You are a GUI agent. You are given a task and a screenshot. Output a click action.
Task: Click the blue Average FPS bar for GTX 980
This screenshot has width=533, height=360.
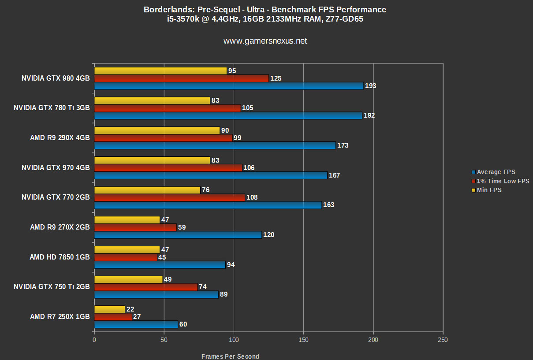(228, 86)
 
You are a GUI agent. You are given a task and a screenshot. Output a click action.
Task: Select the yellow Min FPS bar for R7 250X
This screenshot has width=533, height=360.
(109, 309)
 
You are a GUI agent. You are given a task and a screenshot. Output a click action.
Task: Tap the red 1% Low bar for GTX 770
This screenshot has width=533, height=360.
(169, 197)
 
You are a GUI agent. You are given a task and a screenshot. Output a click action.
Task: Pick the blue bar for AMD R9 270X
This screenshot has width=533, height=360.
(178, 235)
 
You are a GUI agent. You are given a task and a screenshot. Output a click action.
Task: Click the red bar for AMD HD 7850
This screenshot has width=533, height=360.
(126, 257)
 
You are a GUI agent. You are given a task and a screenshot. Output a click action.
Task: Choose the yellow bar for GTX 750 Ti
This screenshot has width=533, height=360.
(128, 279)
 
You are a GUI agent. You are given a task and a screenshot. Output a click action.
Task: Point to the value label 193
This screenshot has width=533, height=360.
(370, 86)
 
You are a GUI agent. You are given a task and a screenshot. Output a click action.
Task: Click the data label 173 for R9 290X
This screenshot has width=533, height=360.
(343, 145)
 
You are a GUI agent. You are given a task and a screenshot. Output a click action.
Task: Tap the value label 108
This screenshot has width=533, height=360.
(252, 197)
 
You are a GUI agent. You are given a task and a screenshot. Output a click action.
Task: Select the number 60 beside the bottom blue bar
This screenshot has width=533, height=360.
(183, 325)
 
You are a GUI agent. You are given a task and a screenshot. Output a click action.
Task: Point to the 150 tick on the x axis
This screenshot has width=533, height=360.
(303, 340)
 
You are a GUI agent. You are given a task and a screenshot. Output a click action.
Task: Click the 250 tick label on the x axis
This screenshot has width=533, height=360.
(443, 340)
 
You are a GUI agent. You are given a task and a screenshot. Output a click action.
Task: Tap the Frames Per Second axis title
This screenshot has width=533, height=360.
(230, 356)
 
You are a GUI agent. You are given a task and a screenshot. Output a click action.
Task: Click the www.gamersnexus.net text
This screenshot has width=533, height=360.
(265, 41)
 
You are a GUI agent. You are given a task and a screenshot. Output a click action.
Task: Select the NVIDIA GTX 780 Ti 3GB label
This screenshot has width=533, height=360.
(52, 108)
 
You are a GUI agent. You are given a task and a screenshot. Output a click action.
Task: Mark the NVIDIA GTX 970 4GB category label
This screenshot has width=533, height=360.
(56, 168)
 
